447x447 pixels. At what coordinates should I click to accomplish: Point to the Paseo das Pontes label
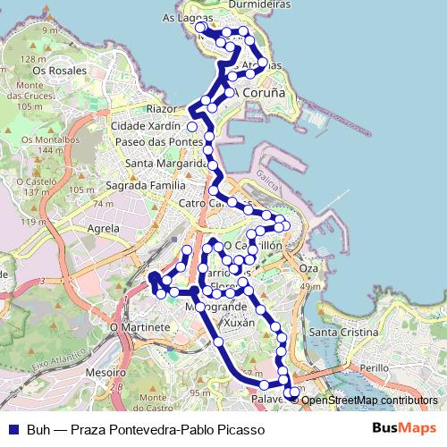click(x=154, y=143)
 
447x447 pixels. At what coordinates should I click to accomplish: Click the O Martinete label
click(x=134, y=327)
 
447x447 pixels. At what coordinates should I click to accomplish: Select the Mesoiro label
click(x=106, y=371)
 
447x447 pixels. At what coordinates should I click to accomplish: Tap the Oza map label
click(x=309, y=268)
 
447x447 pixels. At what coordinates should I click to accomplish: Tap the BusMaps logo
click(x=404, y=428)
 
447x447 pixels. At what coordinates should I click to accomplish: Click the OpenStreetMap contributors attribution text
click(x=369, y=400)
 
